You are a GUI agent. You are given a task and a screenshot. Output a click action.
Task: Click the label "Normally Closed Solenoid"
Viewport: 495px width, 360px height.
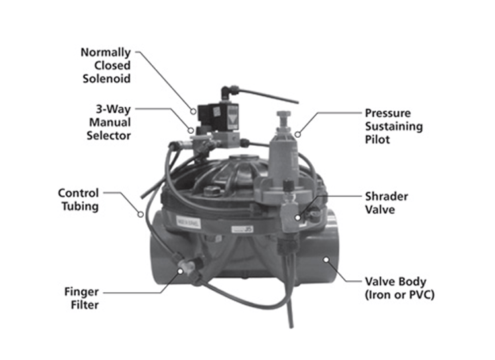[106, 65]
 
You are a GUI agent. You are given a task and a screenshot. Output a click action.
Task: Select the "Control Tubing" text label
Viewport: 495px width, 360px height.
[78, 200]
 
